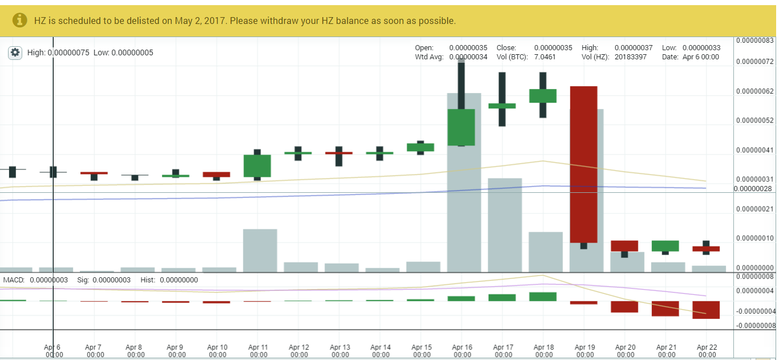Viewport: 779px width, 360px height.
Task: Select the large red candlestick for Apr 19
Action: click(x=583, y=164)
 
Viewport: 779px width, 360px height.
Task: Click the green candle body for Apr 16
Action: click(x=461, y=127)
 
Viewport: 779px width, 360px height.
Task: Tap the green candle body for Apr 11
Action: click(x=257, y=165)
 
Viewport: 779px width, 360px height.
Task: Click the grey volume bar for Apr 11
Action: click(x=260, y=251)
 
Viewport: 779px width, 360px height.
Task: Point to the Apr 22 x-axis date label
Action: click(x=707, y=350)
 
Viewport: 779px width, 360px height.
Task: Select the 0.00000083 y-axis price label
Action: click(x=754, y=41)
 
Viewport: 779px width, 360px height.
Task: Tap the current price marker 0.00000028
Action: click(x=753, y=189)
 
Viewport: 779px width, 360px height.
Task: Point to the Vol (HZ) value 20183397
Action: click(x=631, y=57)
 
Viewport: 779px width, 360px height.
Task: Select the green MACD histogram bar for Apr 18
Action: click(x=543, y=297)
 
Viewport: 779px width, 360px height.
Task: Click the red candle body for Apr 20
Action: click(x=624, y=246)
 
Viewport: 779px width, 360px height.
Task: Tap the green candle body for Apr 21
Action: click(x=666, y=246)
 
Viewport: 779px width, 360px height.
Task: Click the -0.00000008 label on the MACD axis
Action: click(x=755, y=326)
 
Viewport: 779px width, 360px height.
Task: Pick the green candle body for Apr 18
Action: click(x=543, y=96)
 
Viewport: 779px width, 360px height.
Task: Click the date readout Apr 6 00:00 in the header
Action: click(x=701, y=57)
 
